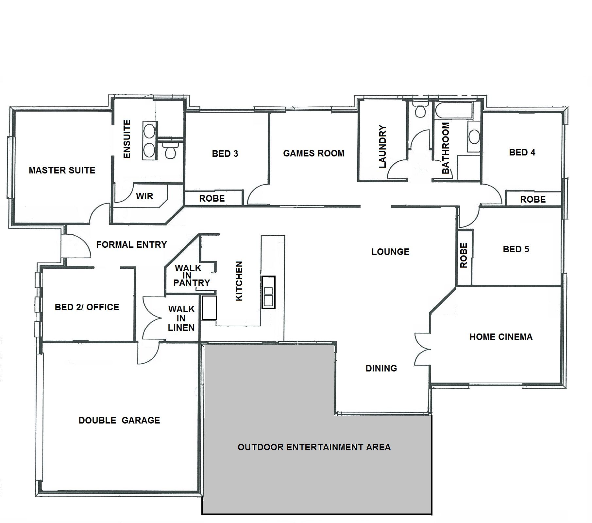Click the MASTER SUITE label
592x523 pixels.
[62, 170]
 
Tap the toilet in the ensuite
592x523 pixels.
[170, 151]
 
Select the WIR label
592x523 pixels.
[144, 196]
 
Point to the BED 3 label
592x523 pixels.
[225, 153]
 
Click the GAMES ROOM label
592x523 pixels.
[314, 153]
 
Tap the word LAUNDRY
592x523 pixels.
[382, 147]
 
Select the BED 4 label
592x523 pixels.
[522, 152]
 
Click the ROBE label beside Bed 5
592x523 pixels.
[464, 255]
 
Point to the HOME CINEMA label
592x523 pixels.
[501, 337]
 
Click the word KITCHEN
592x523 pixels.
[239, 281]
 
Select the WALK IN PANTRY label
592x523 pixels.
[192, 276]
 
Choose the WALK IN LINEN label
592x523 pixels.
[181, 318]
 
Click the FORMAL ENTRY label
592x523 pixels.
[132, 244]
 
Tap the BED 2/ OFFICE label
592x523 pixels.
[87, 307]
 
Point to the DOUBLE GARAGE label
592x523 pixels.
[119, 420]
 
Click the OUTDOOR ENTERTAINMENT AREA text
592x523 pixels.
[314, 447]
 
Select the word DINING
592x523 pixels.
[381, 368]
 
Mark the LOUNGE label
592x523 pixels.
[390, 252]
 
